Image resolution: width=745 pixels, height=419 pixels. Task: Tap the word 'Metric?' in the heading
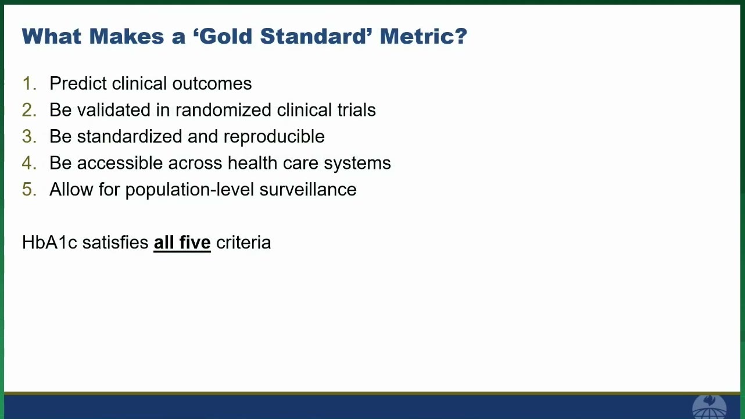point(424,36)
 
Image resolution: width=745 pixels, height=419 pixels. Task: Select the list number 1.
point(29,83)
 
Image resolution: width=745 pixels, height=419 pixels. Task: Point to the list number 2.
point(29,110)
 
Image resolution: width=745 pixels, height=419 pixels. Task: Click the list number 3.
point(29,137)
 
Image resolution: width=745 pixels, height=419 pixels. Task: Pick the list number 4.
point(29,163)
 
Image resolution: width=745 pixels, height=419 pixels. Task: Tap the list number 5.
point(29,190)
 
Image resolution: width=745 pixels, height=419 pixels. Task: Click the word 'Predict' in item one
point(78,83)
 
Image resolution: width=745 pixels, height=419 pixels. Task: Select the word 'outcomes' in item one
point(212,84)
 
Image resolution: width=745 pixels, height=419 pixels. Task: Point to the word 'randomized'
point(223,110)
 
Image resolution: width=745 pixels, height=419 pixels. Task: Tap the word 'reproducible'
point(274,137)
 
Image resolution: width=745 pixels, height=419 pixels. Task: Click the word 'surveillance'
point(308,190)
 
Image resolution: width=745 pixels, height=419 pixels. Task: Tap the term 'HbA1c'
point(49,243)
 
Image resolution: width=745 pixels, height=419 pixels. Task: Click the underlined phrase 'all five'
point(182,243)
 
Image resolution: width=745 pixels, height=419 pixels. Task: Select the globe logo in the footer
point(709,407)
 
